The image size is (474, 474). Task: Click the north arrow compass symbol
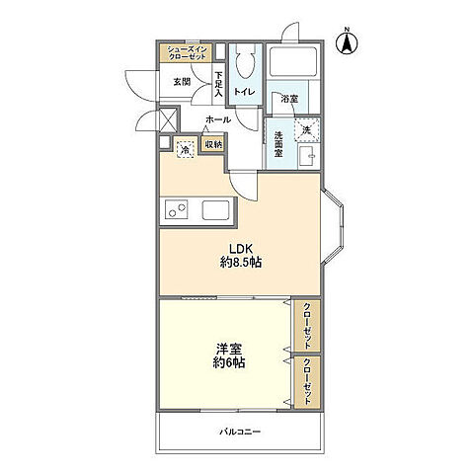(347, 42)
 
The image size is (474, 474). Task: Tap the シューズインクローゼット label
(187, 53)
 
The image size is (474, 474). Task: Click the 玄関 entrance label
(182, 82)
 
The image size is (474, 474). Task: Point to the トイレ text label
(245, 92)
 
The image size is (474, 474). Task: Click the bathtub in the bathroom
(293, 61)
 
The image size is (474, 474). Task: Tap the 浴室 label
(289, 99)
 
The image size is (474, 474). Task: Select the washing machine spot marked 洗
(307, 129)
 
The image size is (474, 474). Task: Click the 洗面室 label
(278, 144)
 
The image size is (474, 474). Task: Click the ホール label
(218, 119)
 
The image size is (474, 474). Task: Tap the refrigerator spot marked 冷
(186, 150)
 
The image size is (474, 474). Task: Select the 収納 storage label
(214, 144)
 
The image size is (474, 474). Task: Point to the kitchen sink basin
(216, 210)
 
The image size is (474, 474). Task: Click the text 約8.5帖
(241, 262)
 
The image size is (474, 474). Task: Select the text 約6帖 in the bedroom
(229, 362)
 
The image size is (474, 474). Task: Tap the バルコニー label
(240, 432)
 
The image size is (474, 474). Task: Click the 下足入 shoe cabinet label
(218, 84)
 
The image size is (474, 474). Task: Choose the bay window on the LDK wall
(333, 227)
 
